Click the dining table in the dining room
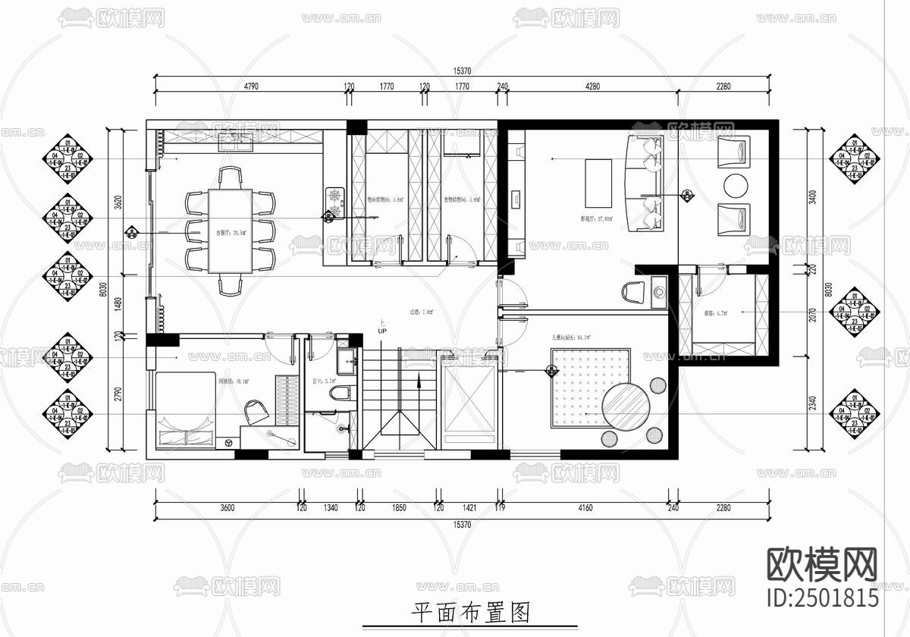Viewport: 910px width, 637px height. (230, 231)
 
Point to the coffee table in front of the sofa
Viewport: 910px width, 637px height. (598, 182)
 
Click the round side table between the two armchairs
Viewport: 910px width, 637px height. (735, 185)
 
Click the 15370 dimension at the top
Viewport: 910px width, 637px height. (463, 71)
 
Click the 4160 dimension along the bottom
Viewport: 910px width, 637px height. (585, 507)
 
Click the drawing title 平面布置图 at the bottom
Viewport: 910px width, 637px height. (469, 612)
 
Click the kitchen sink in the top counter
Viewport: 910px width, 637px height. (236, 140)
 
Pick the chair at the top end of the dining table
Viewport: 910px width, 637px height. (231, 177)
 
